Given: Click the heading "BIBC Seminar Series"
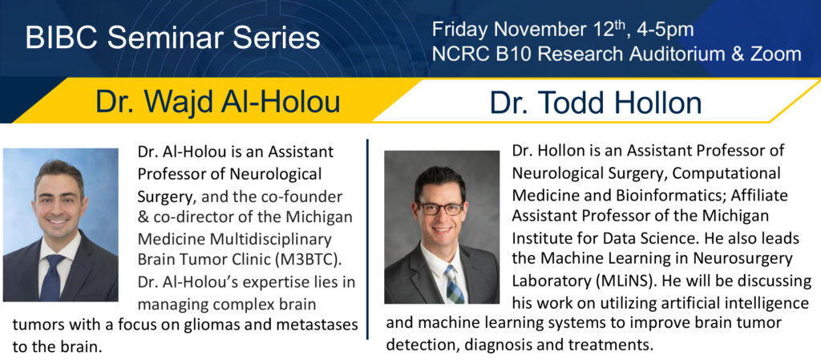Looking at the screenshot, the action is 173,38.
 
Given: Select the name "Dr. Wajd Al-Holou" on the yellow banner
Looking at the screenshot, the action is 218,102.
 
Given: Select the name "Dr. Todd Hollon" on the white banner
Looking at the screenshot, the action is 596,103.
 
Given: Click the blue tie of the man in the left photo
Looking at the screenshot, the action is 54,277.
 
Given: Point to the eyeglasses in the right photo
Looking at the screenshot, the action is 440,208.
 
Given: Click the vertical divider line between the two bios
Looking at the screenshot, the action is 368,239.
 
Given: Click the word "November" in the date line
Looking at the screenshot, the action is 541,30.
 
